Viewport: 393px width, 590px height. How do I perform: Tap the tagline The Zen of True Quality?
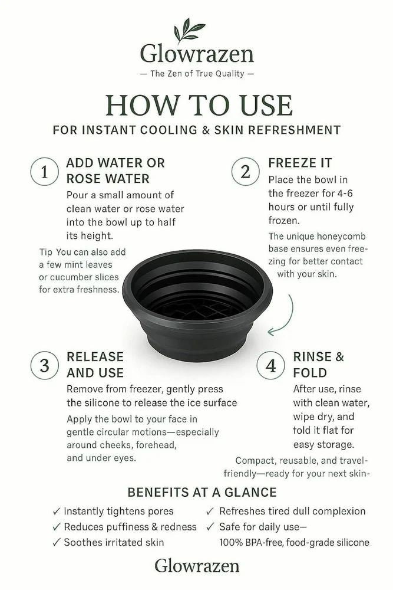197,74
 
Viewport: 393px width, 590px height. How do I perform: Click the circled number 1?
44,172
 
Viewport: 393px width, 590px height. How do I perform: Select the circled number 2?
246,172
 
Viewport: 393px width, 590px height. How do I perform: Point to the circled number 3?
44,365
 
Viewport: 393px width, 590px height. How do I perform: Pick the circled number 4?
270,365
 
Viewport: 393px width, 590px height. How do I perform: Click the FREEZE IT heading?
300,163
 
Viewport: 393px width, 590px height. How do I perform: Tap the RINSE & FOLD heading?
319,365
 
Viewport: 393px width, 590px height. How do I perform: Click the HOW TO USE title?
199,106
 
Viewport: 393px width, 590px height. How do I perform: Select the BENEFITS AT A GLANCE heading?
202,492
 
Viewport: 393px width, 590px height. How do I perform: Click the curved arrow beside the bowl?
284,316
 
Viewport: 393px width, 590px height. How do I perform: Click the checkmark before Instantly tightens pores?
56,511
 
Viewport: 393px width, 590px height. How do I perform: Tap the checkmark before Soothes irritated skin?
56,542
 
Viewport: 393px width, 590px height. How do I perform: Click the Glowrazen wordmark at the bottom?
197,566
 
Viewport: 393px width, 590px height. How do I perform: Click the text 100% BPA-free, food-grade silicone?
294,542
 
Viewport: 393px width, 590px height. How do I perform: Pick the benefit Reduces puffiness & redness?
130,526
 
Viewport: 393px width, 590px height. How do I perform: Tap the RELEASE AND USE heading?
95,365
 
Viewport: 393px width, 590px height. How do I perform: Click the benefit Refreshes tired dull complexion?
292,511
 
